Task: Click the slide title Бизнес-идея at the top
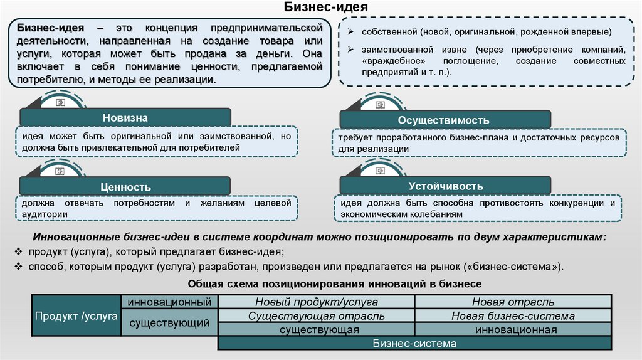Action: coord(321,8)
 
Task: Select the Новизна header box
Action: coord(125,118)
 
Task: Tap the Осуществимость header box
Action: coord(445,120)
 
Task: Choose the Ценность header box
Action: coord(125,186)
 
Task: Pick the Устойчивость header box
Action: coord(445,186)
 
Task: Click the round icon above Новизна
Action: coord(61,102)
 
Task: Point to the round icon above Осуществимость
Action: coord(381,103)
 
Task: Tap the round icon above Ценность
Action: coord(61,170)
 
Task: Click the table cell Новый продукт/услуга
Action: coord(316,302)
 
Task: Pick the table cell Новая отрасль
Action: coord(512,302)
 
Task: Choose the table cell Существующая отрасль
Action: coord(316,316)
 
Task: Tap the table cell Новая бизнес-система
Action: coord(512,316)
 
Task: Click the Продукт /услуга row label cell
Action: coord(76,316)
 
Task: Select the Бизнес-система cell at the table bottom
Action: coord(414,344)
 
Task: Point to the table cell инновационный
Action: coord(168,302)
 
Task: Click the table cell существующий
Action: coord(168,323)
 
